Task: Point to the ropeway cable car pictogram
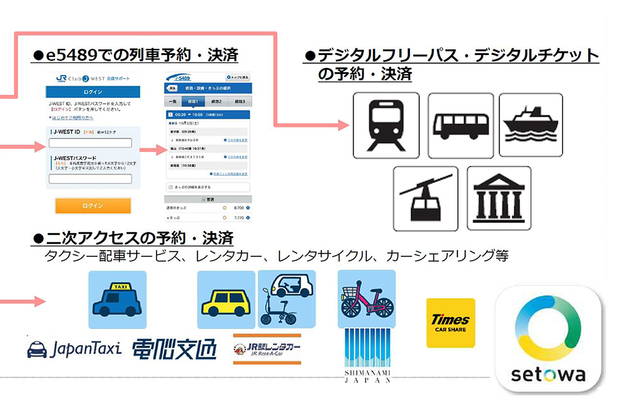[x=425, y=197]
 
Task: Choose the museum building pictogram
[x=499, y=197]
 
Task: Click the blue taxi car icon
[x=117, y=299]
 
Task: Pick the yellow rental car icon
[x=226, y=299]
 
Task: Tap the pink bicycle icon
[x=366, y=298]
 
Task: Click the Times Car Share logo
[x=450, y=323]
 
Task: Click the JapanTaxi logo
[x=73, y=349]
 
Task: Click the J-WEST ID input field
[x=91, y=143]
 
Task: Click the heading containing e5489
[x=135, y=56]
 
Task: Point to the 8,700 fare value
[x=239, y=207]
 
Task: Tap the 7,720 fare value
[x=239, y=217]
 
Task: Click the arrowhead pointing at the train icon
[x=345, y=125]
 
